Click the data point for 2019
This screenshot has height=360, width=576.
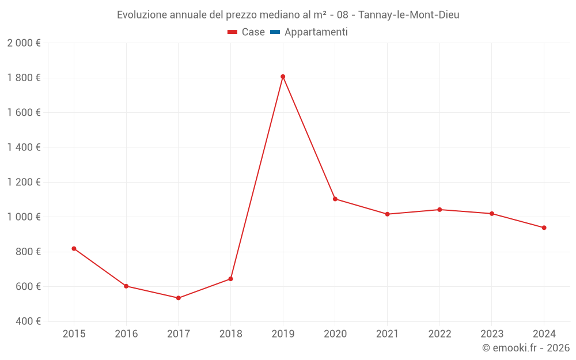283,77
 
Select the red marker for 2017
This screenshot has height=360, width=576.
179,298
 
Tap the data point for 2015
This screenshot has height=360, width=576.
74,248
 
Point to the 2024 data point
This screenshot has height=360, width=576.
544,228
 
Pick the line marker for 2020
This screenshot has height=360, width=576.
335,199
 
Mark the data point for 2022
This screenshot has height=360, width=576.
439,210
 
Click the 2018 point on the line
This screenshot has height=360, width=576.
230,279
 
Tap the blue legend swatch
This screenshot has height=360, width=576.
275,32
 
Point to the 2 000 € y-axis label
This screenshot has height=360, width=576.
24,43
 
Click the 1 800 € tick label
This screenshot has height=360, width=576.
24,78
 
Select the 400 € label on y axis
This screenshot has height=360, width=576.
26,321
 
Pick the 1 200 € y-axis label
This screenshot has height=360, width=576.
24,182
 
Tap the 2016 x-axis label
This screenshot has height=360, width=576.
126,334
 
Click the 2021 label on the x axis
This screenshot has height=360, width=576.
387,334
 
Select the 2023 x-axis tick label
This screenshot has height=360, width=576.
491,334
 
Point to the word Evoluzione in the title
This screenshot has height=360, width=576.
142,15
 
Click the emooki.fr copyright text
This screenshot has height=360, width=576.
526,348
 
